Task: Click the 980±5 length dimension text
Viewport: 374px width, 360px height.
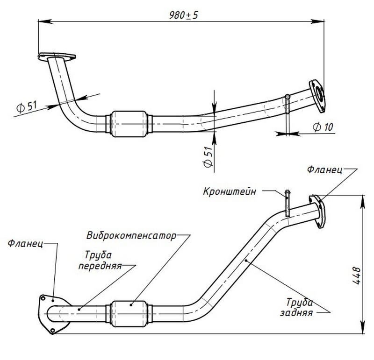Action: (x=183, y=14)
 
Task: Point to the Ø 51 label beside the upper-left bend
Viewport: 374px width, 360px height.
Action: (x=26, y=106)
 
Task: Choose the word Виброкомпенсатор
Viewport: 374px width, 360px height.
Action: (x=131, y=235)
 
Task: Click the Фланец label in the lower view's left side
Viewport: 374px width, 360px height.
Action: (x=25, y=243)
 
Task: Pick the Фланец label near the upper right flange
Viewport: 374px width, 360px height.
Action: (x=325, y=169)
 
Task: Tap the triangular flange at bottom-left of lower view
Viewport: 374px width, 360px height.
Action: (x=48, y=313)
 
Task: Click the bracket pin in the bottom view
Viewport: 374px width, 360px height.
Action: (x=288, y=202)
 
